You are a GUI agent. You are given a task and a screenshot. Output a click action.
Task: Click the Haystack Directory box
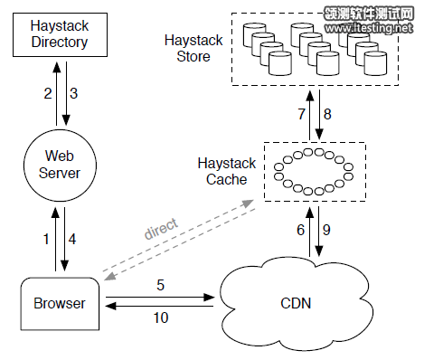tap(58, 33)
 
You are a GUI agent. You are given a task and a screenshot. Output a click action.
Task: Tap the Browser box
tap(59, 304)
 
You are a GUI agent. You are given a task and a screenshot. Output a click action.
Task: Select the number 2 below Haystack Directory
tap(47, 93)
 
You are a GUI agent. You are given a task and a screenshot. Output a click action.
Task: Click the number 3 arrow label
tap(74, 93)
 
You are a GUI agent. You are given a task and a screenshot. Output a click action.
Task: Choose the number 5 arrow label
tap(161, 285)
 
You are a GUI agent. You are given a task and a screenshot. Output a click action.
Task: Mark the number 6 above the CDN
tap(301, 231)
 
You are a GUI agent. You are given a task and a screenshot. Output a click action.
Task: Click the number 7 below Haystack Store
tap(301, 113)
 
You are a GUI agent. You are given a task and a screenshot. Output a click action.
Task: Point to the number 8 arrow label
tap(328, 113)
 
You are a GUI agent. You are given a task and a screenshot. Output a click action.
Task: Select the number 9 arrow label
tap(328, 231)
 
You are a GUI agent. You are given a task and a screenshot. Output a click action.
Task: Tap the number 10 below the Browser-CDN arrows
tap(161, 318)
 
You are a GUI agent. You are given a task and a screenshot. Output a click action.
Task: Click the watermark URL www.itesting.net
tap(370, 29)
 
